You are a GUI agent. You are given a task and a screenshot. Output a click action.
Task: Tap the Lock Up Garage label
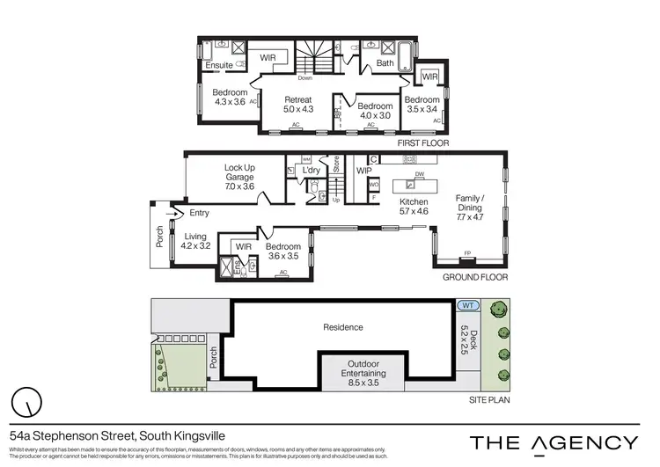239,177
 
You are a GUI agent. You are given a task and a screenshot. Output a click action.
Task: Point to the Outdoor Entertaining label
363,371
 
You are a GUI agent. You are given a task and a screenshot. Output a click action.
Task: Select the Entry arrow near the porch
179,212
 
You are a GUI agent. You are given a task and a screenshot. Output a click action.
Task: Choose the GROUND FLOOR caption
476,276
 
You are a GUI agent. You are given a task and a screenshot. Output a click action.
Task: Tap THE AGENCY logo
554,442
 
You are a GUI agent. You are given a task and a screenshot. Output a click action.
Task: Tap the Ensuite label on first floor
218,64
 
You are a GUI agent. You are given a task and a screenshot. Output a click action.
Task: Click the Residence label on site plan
342,327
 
